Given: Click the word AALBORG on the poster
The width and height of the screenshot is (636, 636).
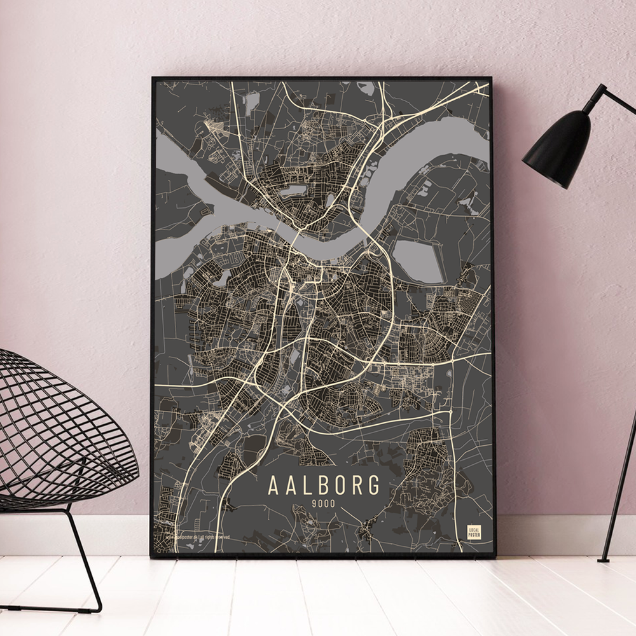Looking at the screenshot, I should [324, 485].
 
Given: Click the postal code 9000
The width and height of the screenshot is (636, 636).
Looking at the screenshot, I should [323, 505].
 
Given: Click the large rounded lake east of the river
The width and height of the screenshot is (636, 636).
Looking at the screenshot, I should [417, 261].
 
